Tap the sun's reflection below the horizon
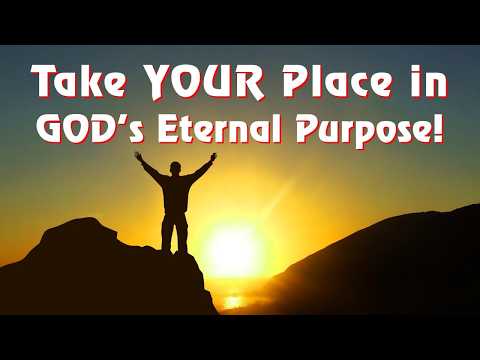[x=232, y=300]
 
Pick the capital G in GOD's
[x=49, y=128]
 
